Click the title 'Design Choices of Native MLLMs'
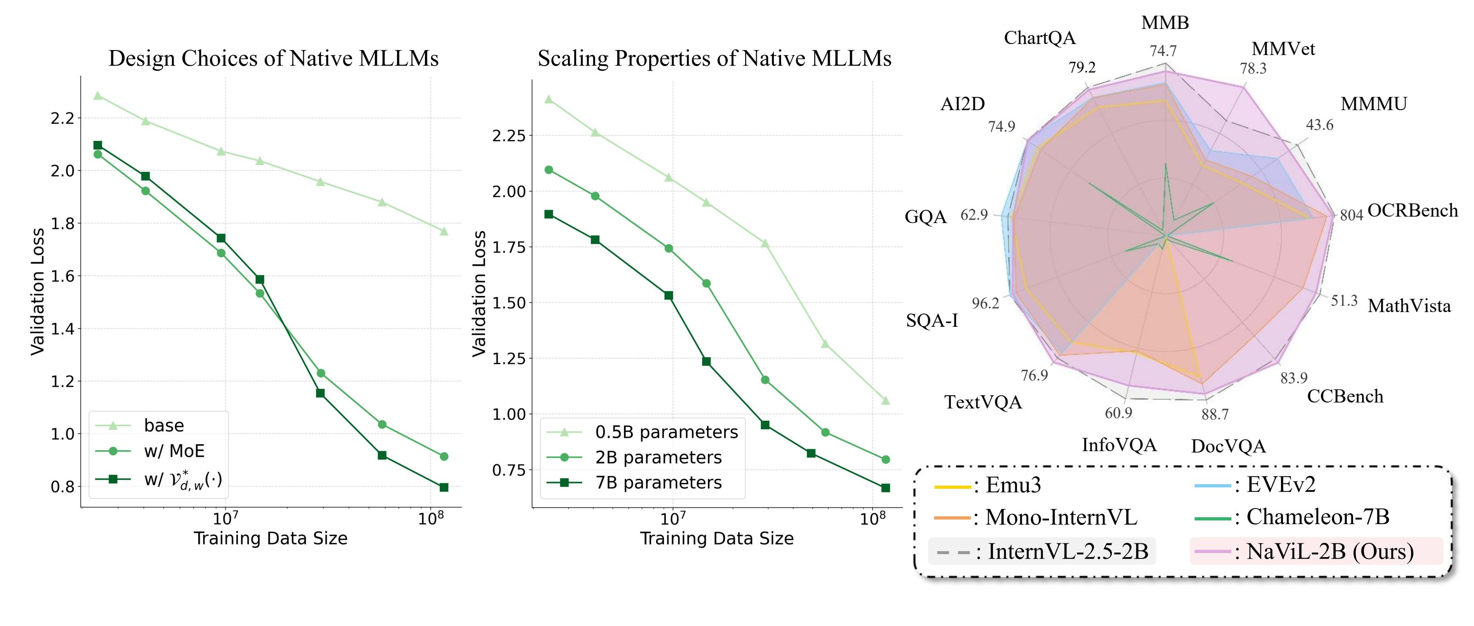(x=273, y=58)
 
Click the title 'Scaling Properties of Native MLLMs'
(x=714, y=58)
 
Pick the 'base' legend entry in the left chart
(x=164, y=425)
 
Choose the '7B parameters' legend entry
(x=658, y=482)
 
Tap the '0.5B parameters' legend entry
(x=666, y=432)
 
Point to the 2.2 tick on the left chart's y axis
(x=62, y=118)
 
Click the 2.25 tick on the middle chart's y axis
(x=508, y=136)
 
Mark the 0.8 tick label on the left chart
(x=62, y=487)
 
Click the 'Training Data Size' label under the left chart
(x=271, y=538)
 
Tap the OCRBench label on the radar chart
(x=1412, y=210)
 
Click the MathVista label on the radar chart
(x=1409, y=306)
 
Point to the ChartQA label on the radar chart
(x=1040, y=38)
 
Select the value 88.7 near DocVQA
(x=1215, y=414)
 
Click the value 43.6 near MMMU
(x=1319, y=125)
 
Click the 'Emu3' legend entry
(x=1013, y=485)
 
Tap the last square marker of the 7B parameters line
(x=885, y=488)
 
